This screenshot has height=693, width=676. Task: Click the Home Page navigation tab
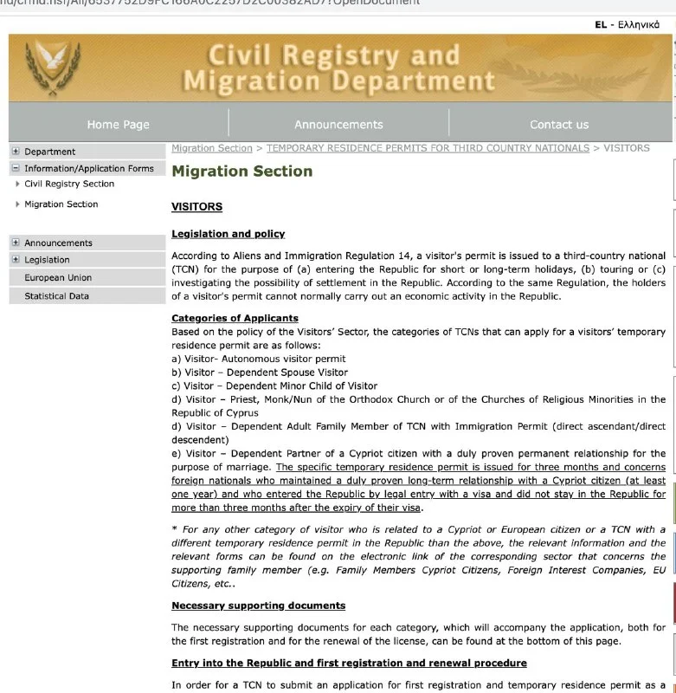coord(119,125)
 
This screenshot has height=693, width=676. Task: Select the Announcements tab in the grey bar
coord(338,125)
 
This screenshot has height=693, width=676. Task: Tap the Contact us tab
coord(558,125)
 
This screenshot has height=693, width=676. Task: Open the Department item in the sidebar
coord(50,152)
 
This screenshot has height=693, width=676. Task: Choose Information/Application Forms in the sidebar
coord(89,169)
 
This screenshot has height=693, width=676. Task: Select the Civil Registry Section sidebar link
coord(69,184)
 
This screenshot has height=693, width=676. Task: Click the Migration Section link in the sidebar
coord(61,204)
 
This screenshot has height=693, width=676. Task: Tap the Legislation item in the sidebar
coord(48,260)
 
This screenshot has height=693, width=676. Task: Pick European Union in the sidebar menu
coord(58,278)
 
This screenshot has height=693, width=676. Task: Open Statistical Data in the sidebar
coord(57,296)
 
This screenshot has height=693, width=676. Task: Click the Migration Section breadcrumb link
coord(212,148)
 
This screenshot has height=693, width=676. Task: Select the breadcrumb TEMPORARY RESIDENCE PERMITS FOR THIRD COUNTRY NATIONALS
coord(428,148)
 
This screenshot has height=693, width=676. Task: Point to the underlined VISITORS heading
coord(197,207)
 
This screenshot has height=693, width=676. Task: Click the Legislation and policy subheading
coord(229,234)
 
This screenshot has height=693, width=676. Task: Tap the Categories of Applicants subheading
coord(235,319)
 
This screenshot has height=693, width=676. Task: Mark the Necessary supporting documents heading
coord(258,606)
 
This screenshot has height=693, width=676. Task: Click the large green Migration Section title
coord(242,172)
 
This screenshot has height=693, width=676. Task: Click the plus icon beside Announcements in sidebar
coord(16,243)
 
